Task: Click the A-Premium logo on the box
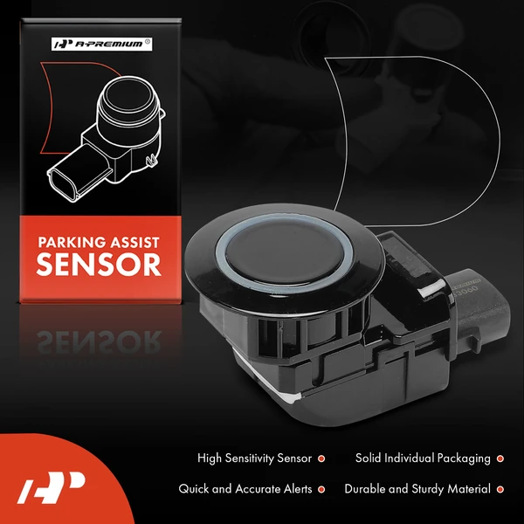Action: coord(101,45)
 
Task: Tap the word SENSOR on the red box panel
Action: coord(99,265)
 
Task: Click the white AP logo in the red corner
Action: coord(51,487)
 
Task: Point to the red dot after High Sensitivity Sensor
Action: coord(321,458)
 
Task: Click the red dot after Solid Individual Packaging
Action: coord(500,458)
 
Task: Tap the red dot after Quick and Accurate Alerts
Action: coord(321,490)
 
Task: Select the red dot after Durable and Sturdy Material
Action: coord(500,490)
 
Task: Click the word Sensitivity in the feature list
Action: coord(248,458)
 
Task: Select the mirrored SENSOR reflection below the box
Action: coord(100,341)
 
